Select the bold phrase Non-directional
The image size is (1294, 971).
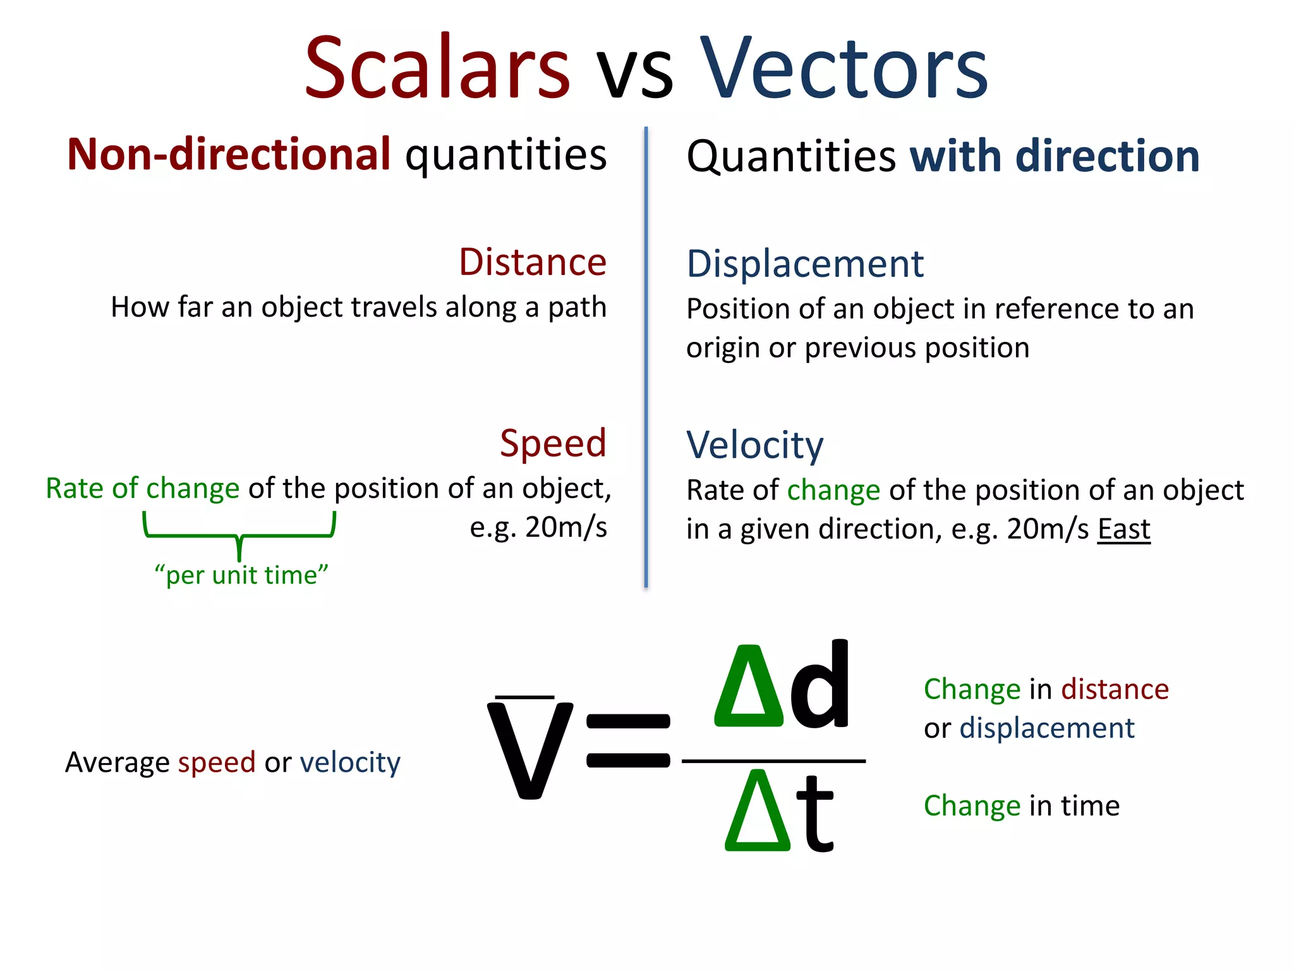[229, 154]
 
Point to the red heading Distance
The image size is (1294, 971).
[532, 262]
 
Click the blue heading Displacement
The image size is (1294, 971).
[805, 264]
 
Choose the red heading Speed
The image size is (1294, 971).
[553, 443]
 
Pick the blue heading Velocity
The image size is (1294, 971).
[755, 445]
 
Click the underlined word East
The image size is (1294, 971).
[1123, 529]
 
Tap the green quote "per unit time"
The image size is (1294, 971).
[241, 575]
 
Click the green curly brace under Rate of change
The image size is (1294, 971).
[239, 535]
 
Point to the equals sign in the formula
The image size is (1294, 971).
[628, 740]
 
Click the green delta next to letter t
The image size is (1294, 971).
[757, 812]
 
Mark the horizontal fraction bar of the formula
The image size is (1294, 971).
[773, 761]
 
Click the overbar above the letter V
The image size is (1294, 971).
[524, 697]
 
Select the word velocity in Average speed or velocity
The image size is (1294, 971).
[350, 762]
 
